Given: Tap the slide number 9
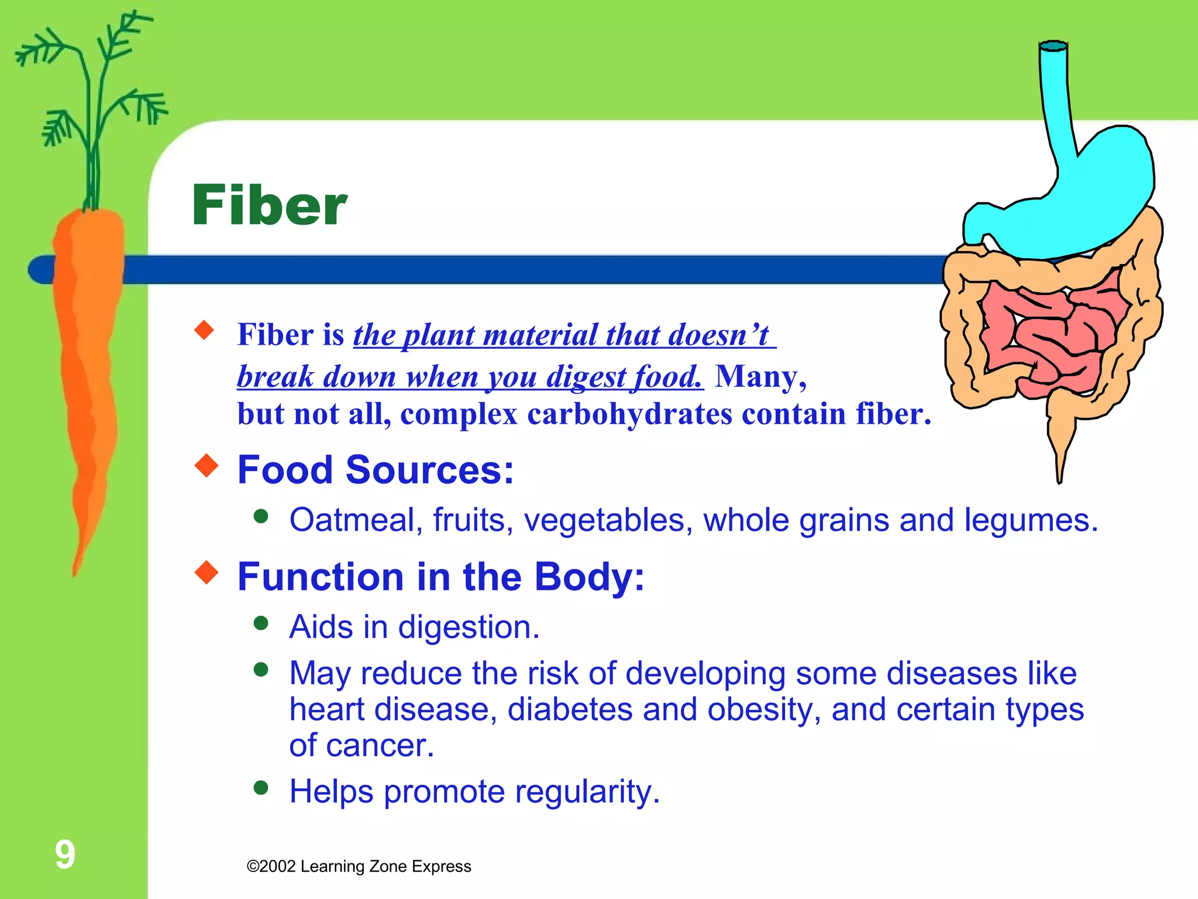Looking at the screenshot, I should coord(65,854).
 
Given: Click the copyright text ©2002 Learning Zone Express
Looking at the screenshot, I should coord(359,866).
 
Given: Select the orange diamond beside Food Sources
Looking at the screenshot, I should coord(206,466).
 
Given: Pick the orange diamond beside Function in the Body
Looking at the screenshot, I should coord(206,572).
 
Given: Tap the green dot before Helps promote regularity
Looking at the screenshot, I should coord(261,787).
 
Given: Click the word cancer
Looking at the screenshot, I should coord(380,745).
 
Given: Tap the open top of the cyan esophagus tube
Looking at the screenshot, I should coord(1054,46).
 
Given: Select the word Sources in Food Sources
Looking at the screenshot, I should coord(429,469).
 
